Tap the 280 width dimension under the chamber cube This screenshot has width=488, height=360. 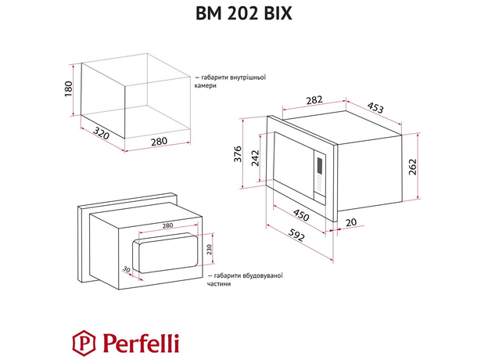point(160,141)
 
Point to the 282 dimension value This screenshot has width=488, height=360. point(292,99)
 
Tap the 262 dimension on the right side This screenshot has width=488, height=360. point(412,167)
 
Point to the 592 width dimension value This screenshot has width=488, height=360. point(292,232)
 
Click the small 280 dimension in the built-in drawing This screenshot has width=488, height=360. point(167,226)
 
